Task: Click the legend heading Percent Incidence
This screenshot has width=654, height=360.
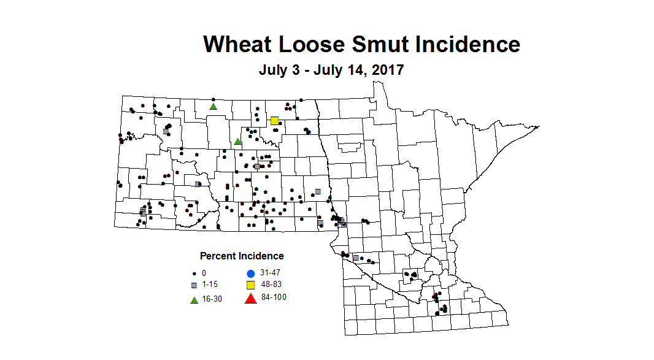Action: (242, 256)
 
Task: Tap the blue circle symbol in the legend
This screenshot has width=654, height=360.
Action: (250, 273)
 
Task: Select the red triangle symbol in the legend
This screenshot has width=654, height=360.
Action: (250, 299)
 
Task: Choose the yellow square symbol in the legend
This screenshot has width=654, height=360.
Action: (250, 285)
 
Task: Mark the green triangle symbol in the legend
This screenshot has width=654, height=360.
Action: (194, 299)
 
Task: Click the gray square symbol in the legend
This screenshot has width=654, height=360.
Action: (194, 286)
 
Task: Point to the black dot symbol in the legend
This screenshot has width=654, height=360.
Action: (194, 273)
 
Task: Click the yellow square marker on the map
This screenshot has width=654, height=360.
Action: (275, 120)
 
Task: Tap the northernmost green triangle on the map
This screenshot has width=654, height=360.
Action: (214, 106)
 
